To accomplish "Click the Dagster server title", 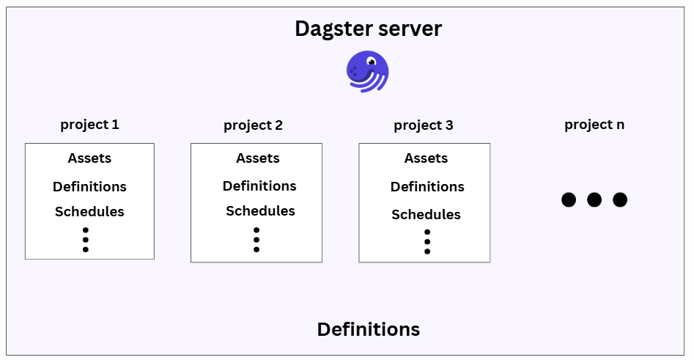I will click(368, 29).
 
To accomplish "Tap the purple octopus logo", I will click(367, 71).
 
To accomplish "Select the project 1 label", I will click(89, 125).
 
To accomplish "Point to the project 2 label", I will click(253, 125).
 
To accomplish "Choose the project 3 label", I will click(423, 125).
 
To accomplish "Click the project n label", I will click(594, 125).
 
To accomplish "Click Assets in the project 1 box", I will click(89, 158).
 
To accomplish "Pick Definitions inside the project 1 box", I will click(89, 187).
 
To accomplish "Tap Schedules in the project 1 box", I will click(89, 212).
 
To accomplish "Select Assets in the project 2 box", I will click(257, 158).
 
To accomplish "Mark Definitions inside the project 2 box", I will click(259, 186).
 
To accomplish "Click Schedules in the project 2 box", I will click(260, 211).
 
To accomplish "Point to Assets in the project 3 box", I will click(426, 158).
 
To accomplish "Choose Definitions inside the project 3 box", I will click(427, 187).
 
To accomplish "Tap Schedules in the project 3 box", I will click(426, 215).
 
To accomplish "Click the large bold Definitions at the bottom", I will click(368, 329).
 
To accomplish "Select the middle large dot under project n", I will click(594, 199).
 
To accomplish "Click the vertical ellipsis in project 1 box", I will click(86, 239).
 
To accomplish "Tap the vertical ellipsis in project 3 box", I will click(427, 241).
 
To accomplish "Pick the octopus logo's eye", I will click(372, 62).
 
